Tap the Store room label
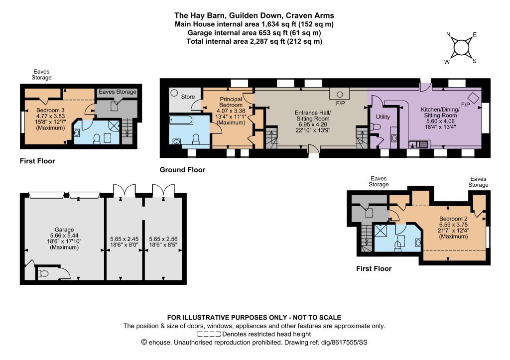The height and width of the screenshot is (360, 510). coord(188,97)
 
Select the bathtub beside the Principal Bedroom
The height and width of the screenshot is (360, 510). coord(181,120)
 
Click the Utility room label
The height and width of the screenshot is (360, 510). coord(383,117)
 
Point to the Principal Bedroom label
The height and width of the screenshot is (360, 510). coord(231,102)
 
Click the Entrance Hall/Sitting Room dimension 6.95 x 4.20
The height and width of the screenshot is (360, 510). coord(313,124)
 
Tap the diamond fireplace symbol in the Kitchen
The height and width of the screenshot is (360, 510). coord(474,98)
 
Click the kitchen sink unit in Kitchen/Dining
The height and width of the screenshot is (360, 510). coord(419,144)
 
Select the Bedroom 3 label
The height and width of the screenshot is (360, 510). coord(50,110)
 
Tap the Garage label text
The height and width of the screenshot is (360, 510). coord(64,230)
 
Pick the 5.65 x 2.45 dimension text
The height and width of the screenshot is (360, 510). coord(124,239)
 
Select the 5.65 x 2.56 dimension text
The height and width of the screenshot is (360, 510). coord(163,239)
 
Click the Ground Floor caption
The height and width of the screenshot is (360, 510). coord(182,170)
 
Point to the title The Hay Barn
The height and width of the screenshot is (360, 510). coord(199,15)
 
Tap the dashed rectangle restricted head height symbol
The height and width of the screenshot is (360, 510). coord(209,334)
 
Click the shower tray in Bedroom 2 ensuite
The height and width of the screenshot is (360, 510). coord(380,230)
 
